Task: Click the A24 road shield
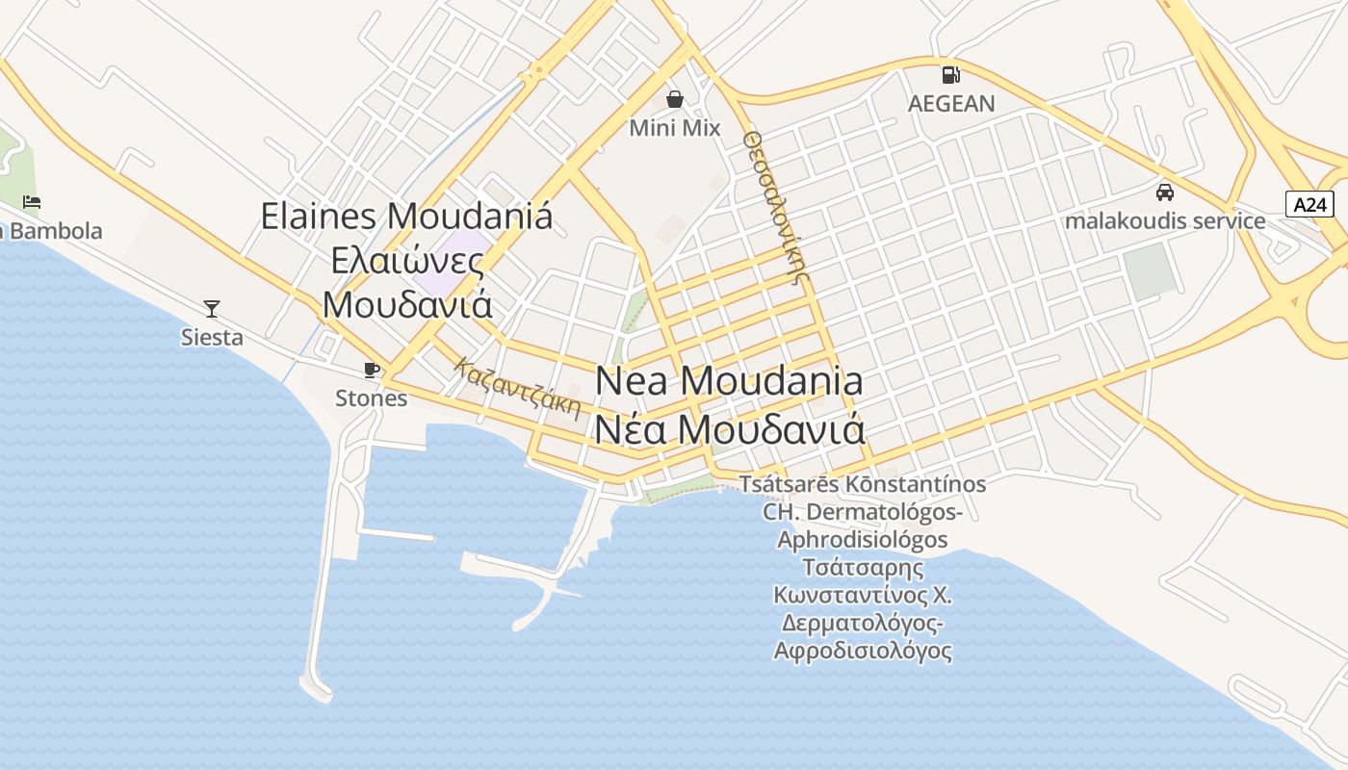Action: point(1309,204)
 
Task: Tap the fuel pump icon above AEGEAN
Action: point(950,74)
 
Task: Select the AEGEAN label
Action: point(950,103)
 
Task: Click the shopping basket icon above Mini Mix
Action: point(675,99)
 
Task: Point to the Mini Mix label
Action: point(675,127)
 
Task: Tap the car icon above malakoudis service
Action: point(1165,192)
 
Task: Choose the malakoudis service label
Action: point(1165,220)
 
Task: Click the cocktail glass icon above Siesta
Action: point(212,309)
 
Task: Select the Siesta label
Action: point(212,338)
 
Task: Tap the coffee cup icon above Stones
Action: point(371,370)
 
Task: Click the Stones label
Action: point(371,398)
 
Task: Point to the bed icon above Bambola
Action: point(32,202)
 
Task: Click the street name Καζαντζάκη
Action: point(519,389)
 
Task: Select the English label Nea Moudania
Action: point(729,381)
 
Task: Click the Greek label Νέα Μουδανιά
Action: point(729,429)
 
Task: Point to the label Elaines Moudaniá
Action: point(406,216)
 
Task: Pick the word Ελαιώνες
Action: point(406,260)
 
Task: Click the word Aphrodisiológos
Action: point(863,539)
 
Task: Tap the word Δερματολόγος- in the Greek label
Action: point(863,623)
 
